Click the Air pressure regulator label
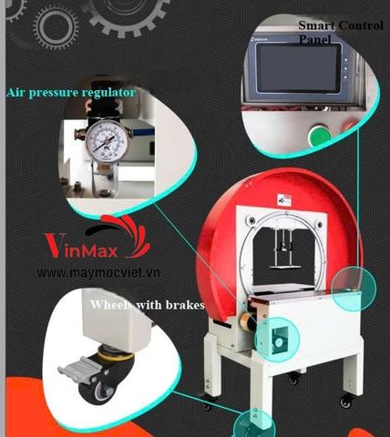pos(71,92)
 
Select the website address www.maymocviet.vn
pos(100,272)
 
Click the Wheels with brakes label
pos(146,305)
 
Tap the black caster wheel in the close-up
pos(95,381)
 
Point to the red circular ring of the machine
pos(219,218)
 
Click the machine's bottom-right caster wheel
pos(346,401)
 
